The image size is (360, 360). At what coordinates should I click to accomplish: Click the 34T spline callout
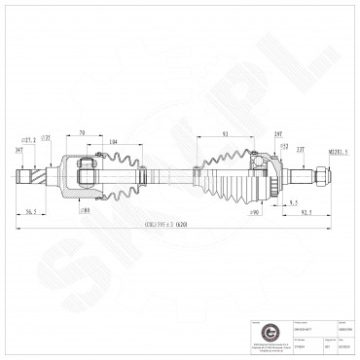pos(19,151)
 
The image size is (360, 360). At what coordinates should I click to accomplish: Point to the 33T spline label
pos(300,149)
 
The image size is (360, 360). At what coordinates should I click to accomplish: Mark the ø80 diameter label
pos(86,209)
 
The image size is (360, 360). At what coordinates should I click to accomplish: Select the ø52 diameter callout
pos(284,145)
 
